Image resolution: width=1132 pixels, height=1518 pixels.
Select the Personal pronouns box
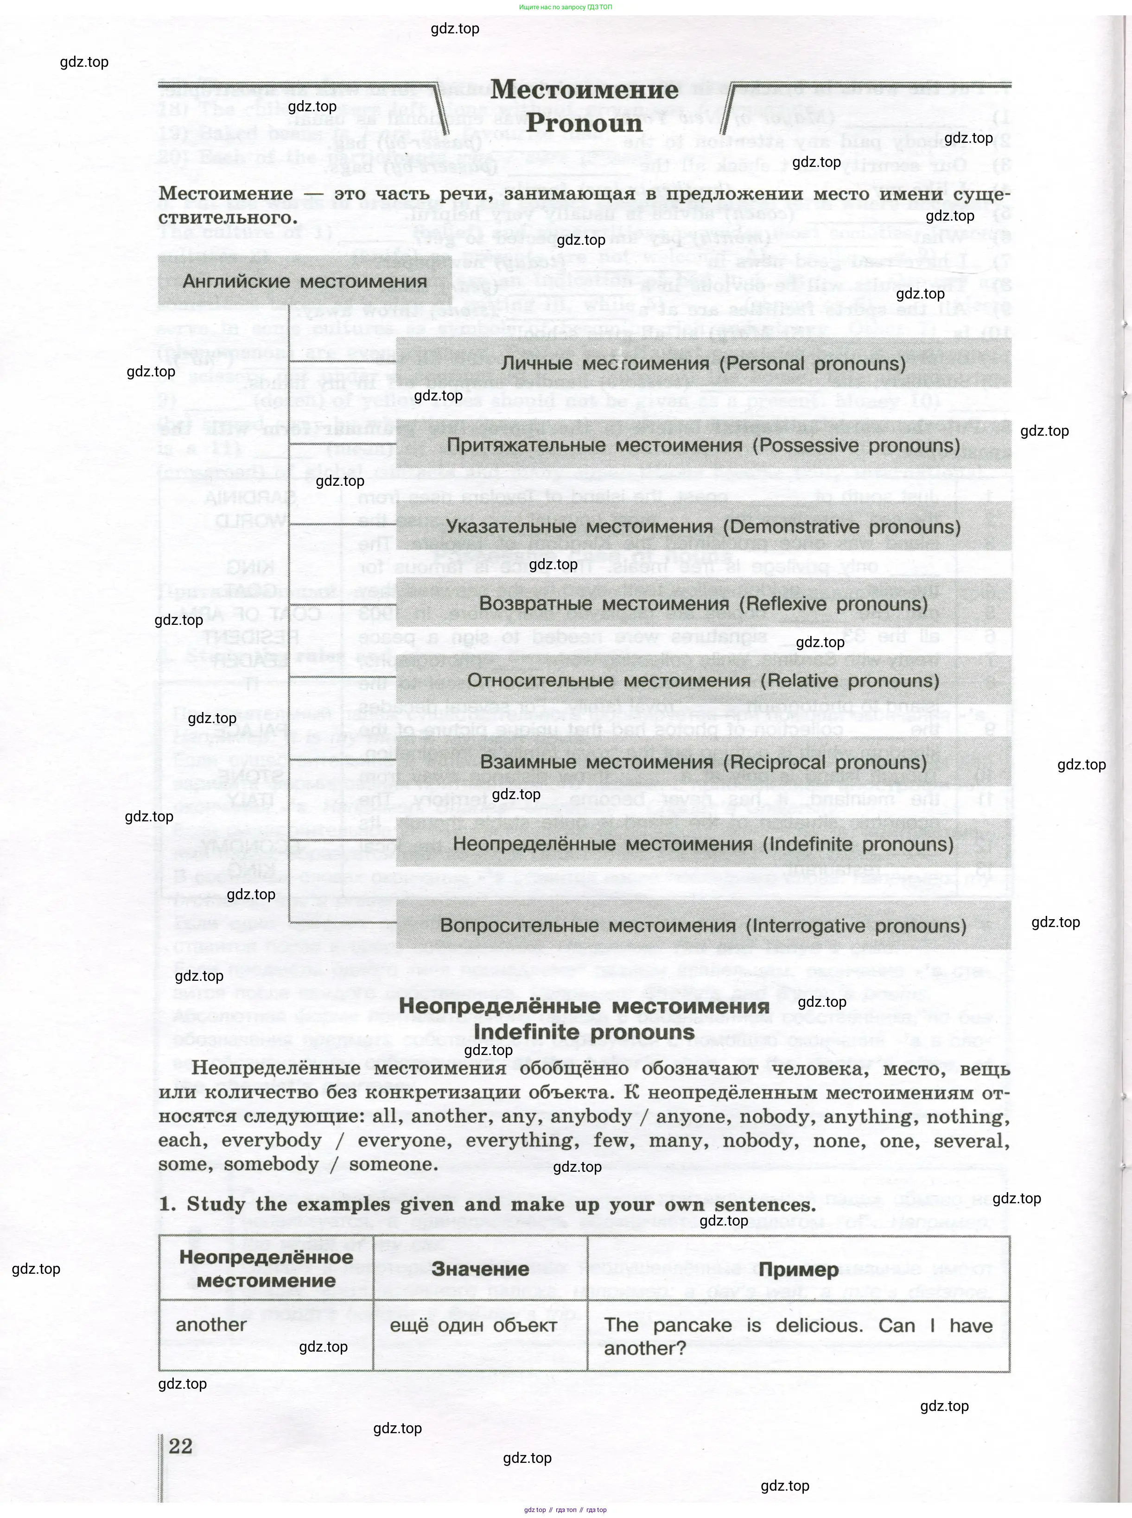pos(703,363)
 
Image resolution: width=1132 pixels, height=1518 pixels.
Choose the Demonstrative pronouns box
pos(703,527)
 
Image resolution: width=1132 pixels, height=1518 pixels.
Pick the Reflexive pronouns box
pos(703,603)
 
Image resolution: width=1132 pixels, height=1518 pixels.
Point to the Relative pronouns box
pos(703,680)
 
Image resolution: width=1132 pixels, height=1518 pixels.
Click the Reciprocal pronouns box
pos(703,762)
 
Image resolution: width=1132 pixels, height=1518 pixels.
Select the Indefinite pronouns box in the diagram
pos(703,843)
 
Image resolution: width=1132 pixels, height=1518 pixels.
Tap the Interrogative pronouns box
pos(703,926)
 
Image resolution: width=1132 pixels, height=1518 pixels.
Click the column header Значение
pos(480,1269)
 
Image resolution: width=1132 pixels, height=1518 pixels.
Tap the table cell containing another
pos(211,1324)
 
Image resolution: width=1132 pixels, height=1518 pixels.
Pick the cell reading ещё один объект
pos(473,1325)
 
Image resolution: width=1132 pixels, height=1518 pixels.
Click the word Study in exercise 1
pos(215,1204)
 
